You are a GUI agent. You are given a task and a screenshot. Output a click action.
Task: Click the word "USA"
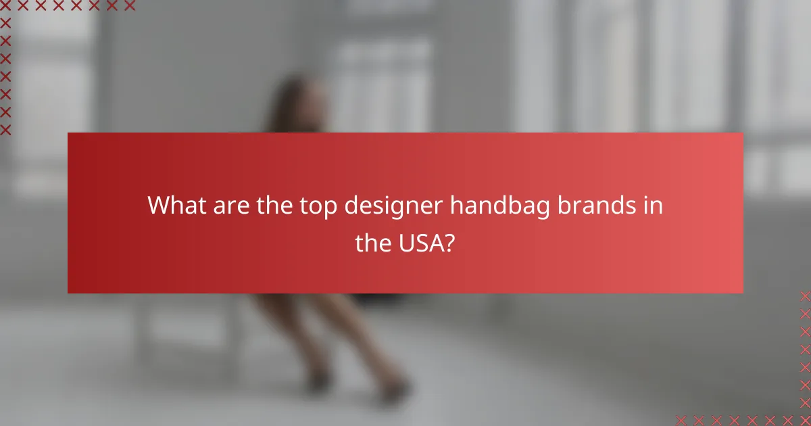pos(419,243)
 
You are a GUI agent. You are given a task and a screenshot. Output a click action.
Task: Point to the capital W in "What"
pos(159,205)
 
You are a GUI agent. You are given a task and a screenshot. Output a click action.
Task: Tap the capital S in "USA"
pos(420,243)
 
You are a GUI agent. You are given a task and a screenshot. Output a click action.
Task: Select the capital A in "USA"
pos(435,243)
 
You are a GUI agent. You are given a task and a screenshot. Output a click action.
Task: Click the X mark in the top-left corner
pos(6,6)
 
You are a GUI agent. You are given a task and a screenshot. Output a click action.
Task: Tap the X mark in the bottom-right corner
pos(804,419)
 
